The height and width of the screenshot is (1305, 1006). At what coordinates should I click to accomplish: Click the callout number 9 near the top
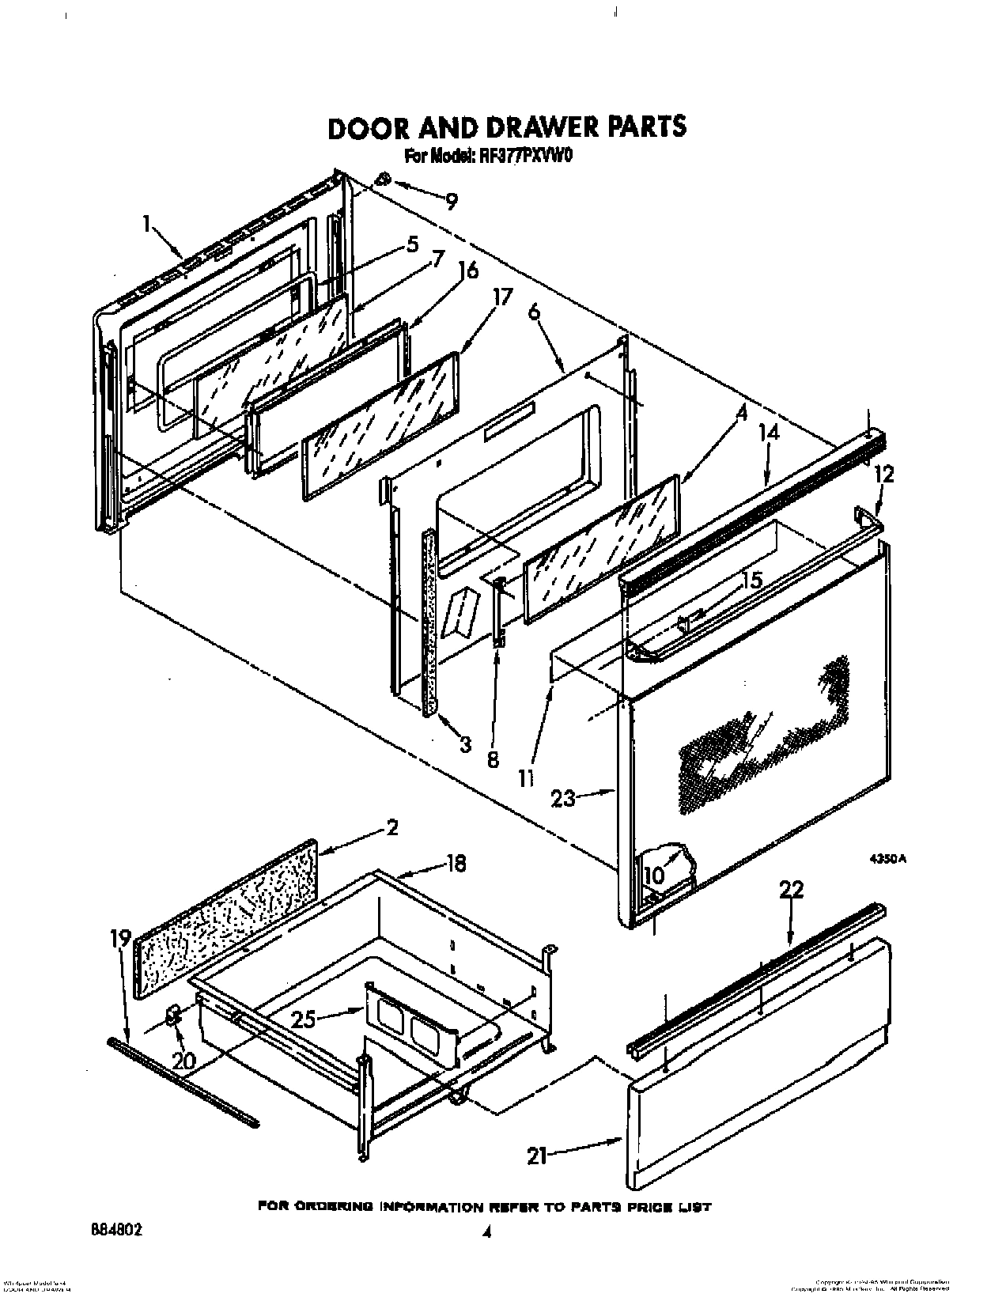452,202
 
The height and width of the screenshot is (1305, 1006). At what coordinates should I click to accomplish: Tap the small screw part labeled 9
384,179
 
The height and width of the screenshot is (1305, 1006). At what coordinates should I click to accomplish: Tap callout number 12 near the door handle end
885,474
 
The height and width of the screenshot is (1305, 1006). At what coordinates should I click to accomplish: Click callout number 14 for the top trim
769,433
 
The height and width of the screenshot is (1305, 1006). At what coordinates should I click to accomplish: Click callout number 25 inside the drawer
304,1019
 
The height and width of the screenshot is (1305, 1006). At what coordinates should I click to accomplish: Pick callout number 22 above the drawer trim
791,891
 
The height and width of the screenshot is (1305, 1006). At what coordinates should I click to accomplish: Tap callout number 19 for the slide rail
120,939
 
